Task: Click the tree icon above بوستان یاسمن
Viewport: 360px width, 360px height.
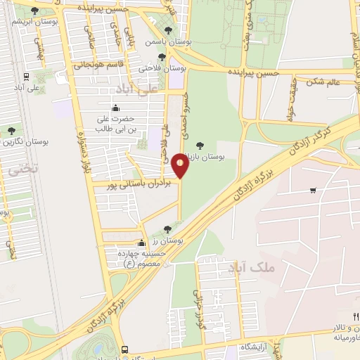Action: [168, 30]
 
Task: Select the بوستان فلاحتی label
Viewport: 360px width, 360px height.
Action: [163, 68]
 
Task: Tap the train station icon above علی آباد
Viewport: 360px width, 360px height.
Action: [25, 76]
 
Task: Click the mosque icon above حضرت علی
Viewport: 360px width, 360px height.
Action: [115, 108]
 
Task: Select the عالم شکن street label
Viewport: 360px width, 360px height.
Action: [323, 81]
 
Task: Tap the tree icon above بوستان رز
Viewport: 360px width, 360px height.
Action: [167, 229]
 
